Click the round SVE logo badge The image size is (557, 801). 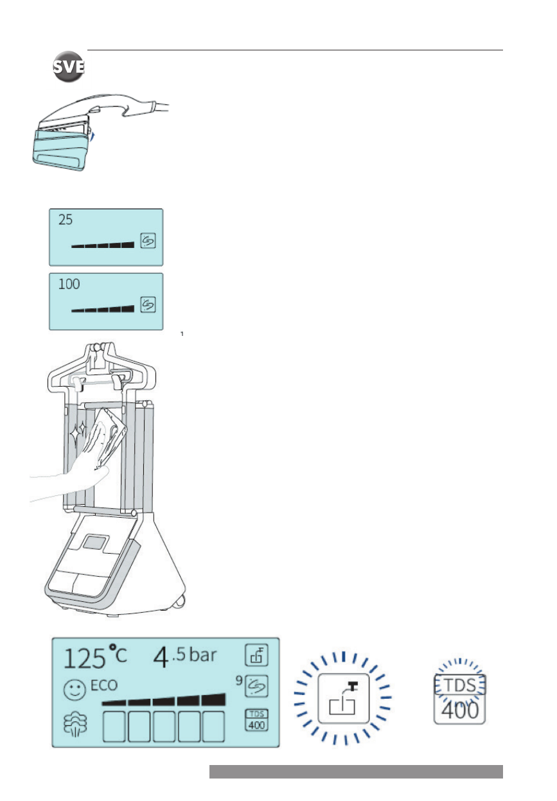click(68, 67)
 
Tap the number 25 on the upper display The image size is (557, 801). click(66, 220)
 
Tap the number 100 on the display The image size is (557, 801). click(69, 285)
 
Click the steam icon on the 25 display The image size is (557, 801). click(148, 240)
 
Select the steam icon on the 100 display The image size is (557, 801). click(148, 304)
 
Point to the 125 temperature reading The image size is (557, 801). click(85, 658)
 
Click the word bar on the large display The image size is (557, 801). click(203, 655)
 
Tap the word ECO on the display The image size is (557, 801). click(103, 685)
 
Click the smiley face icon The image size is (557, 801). click(75, 690)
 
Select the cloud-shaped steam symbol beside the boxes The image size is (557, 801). click(75, 725)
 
